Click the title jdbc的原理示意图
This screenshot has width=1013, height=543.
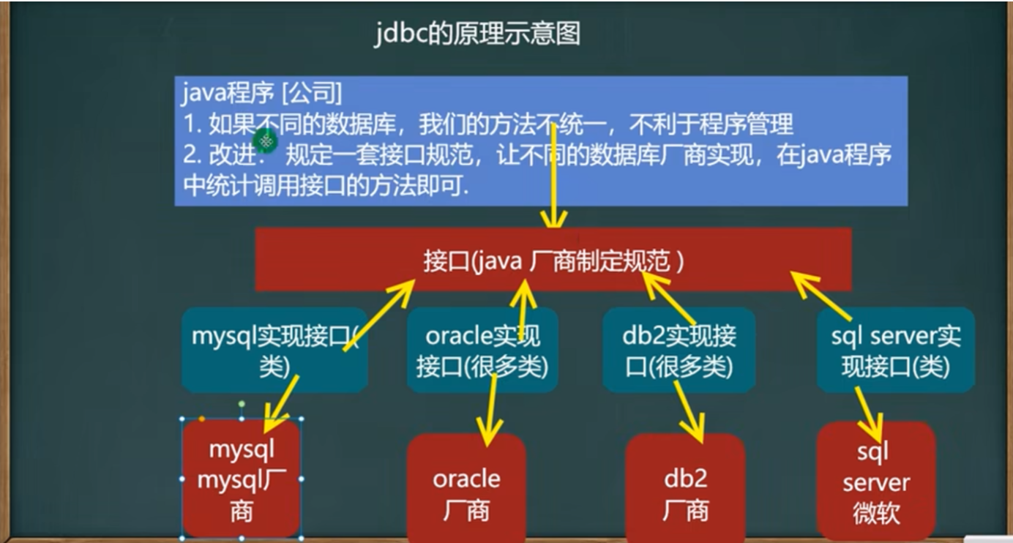click(x=477, y=34)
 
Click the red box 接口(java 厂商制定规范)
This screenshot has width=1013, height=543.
click(x=553, y=261)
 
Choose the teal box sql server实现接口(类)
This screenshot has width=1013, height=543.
click(x=896, y=350)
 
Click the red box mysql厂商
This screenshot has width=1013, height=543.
click(x=242, y=479)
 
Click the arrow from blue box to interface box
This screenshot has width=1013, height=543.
click(x=554, y=176)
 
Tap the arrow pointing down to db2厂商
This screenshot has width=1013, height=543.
click(x=688, y=410)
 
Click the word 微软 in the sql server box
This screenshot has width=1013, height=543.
click(x=875, y=512)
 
